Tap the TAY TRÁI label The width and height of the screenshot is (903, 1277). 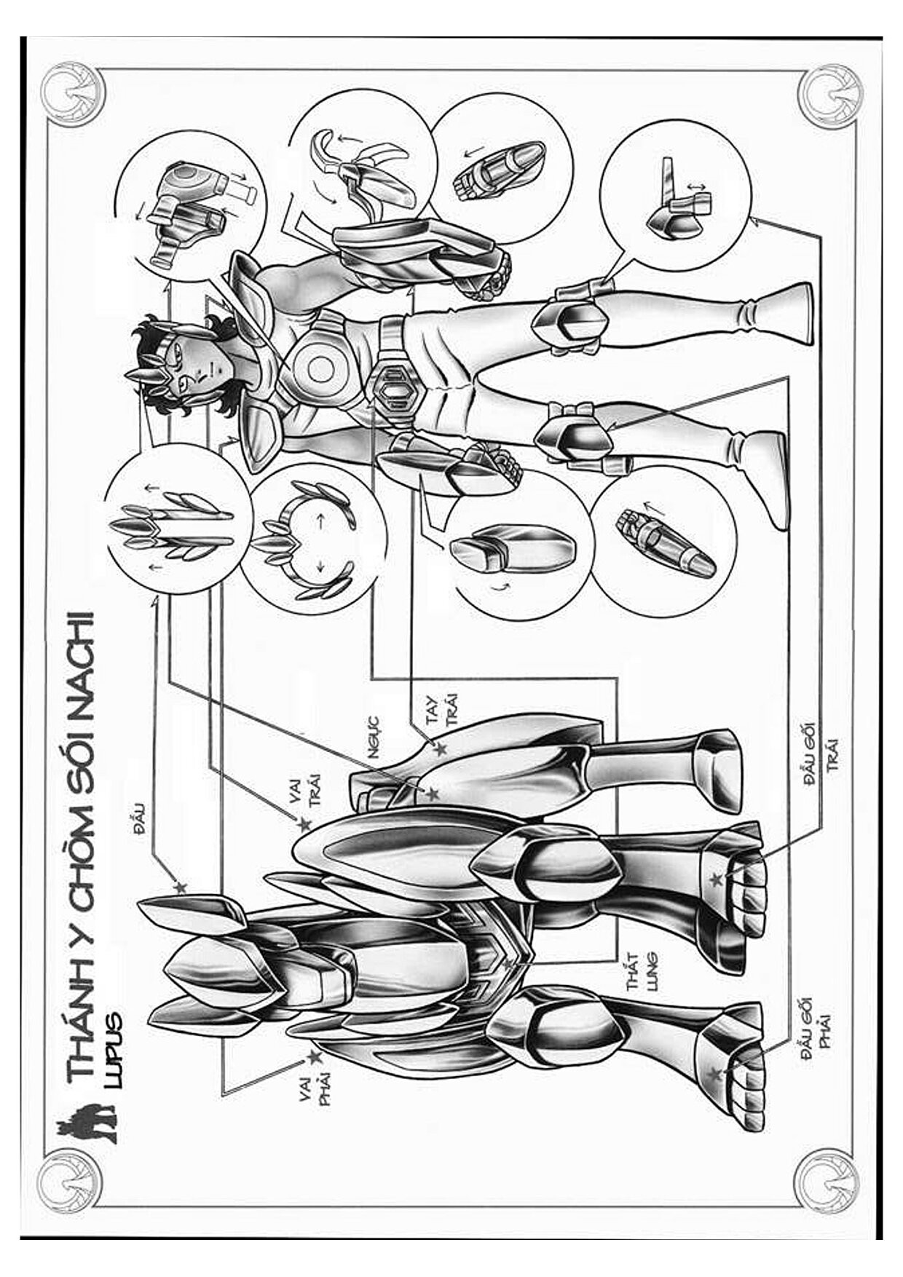pyautogui.click(x=442, y=709)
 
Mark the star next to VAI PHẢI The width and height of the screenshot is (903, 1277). pyautogui.click(x=313, y=1056)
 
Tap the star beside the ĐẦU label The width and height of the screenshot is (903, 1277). pyautogui.click(x=180, y=887)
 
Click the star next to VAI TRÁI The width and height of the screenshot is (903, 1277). pyautogui.click(x=304, y=825)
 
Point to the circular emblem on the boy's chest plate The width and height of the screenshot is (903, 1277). pyautogui.click(x=320, y=369)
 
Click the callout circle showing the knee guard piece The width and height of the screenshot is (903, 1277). pyautogui.click(x=675, y=194)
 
